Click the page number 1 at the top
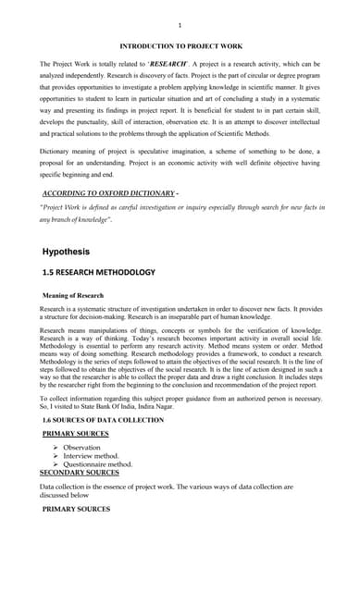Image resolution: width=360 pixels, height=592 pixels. coord(180,25)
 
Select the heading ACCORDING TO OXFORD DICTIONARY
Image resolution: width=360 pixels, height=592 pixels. coord(109,192)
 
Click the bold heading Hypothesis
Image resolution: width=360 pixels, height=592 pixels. coord(66,251)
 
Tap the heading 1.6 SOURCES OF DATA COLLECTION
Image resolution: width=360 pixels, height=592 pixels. coord(103,420)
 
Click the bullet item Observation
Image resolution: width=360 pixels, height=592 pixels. coord(81,447)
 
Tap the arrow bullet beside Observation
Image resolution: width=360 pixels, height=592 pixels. coord(57,447)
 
